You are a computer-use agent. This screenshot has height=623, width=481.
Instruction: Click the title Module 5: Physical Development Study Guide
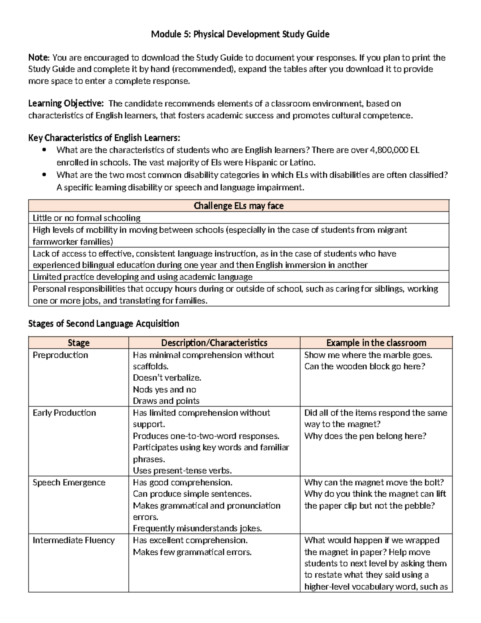(x=240, y=34)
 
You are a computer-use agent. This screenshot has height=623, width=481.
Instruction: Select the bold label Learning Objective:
(x=66, y=103)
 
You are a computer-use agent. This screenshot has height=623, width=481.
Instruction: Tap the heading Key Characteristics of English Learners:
(x=104, y=138)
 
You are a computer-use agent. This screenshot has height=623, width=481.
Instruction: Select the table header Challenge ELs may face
(x=238, y=206)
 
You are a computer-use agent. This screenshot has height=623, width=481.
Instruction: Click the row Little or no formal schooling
(x=87, y=218)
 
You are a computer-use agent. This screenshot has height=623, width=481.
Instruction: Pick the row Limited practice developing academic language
(x=142, y=277)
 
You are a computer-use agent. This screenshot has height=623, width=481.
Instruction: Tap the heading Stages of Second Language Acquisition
(x=103, y=323)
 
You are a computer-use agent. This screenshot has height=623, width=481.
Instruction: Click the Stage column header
(x=79, y=343)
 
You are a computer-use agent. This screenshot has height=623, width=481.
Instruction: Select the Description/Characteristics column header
(x=214, y=343)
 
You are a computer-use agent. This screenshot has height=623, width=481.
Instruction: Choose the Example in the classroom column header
(x=376, y=343)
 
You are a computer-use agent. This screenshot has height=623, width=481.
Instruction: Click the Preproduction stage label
(x=60, y=355)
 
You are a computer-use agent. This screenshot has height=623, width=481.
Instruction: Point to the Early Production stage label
(x=64, y=413)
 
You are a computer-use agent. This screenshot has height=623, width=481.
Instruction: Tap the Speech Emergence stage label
(x=69, y=483)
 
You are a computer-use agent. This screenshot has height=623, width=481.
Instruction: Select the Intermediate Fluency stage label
(x=73, y=540)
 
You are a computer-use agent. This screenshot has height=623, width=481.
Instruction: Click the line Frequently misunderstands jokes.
(x=197, y=528)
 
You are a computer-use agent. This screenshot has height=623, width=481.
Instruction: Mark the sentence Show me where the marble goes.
(x=368, y=355)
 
